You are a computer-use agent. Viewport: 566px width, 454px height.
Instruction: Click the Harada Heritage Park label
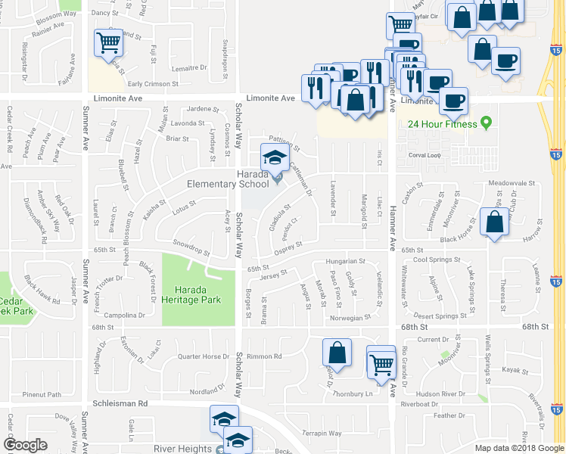(197, 294)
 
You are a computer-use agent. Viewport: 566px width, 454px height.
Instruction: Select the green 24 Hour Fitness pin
(487, 123)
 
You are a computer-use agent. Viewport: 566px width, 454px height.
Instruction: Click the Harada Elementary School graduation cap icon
(274, 158)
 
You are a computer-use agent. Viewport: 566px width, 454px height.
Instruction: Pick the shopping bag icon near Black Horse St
(494, 223)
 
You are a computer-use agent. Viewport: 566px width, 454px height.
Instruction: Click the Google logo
(25, 445)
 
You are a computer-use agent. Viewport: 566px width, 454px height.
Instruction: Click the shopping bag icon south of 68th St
(337, 353)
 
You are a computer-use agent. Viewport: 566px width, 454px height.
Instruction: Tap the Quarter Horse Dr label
(203, 356)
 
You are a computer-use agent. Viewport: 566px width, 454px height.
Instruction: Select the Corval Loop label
(424, 155)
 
